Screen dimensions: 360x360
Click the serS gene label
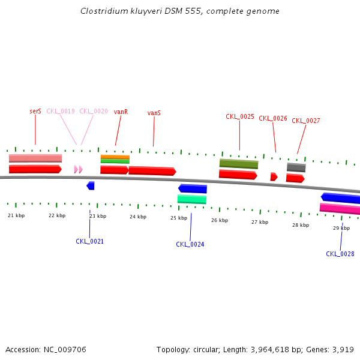click(x=35, y=111)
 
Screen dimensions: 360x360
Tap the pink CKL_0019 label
click(x=61, y=111)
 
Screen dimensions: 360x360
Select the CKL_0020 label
click(x=94, y=111)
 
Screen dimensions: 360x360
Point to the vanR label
click(x=121, y=112)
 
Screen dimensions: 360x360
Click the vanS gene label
click(x=154, y=113)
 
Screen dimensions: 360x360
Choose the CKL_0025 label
click(x=240, y=116)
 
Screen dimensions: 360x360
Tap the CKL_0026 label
click(x=273, y=118)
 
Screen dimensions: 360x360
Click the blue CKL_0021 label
click(x=89, y=241)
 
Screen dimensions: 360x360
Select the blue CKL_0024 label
click(x=190, y=244)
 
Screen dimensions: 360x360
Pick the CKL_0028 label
click(x=340, y=254)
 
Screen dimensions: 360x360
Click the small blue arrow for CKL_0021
click(x=91, y=185)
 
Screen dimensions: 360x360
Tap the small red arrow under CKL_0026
click(x=274, y=176)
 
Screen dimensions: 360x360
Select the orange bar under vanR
click(x=115, y=157)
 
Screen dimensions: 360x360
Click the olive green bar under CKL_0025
click(x=239, y=163)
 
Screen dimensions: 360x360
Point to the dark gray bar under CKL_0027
click(x=296, y=167)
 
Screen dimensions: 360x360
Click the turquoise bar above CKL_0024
click(x=192, y=199)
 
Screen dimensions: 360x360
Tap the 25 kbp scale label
click(x=179, y=218)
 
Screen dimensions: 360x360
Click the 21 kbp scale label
click(x=16, y=215)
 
